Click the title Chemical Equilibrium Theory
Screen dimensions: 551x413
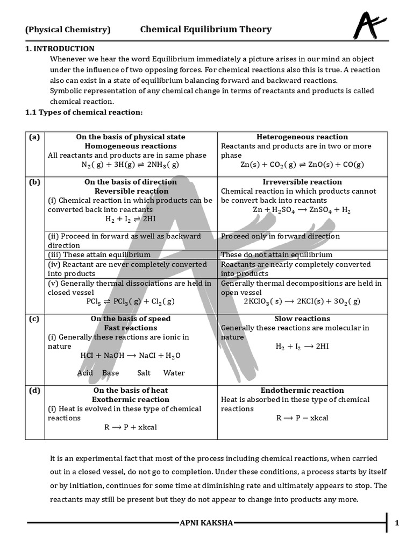click(206, 30)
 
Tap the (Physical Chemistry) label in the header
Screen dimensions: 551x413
click(68, 30)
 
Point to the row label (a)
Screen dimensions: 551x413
click(34, 137)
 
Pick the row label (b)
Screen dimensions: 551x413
click(34, 182)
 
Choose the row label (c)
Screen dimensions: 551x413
click(34, 319)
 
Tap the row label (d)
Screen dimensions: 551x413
click(34, 390)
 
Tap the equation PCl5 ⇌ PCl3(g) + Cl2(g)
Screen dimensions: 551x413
click(131, 302)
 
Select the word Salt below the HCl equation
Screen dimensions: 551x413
click(144, 373)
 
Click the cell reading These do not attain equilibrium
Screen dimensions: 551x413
click(276, 255)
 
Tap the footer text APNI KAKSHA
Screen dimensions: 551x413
click(206, 522)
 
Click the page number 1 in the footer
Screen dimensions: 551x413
click(397, 522)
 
